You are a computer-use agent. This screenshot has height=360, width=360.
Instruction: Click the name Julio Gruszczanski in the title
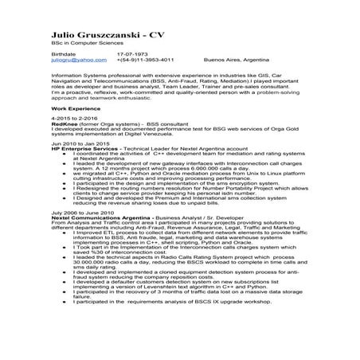click(x=96, y=37)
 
